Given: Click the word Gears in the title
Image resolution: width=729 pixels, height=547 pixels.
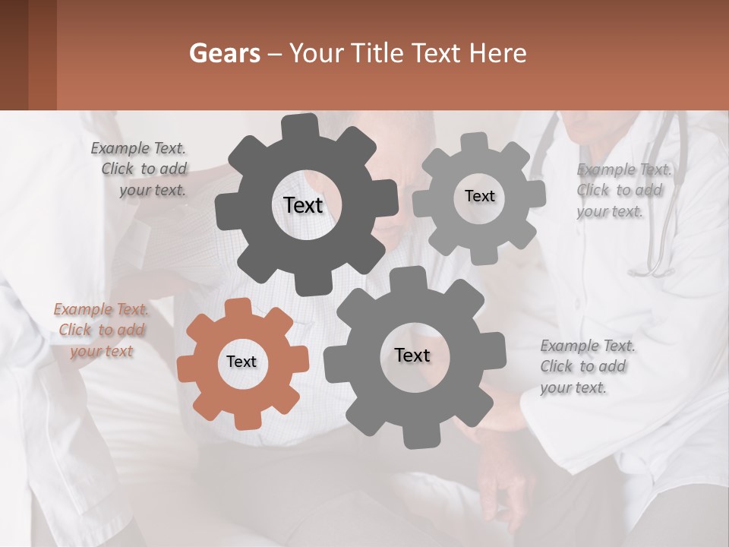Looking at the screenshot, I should pyautogui.click(x=224, y=53).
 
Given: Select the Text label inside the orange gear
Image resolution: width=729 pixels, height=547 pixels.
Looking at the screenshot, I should pyautogui.click(x=241, y=362).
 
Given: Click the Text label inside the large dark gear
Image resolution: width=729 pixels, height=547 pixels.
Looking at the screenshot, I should pyautogui.click(x=303, y=205).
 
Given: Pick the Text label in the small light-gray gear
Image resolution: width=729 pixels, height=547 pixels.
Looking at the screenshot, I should pyautogui.click(x=479, y=196).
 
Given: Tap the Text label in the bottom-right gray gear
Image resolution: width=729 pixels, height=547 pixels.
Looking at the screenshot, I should pyautogui.click(x=412, y=356).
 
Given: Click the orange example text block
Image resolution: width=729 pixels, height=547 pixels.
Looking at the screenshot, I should pyautogui.click(x=102, y=330).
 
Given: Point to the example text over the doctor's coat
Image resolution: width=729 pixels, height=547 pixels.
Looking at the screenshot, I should pyautogui.click(x=623, y=191).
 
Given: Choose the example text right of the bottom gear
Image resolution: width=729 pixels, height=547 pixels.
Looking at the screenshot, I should pyautogui.click(x=587, y=366).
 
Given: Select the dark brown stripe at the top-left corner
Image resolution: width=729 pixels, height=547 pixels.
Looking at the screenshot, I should pyautogui.click(x=14, y=55).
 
